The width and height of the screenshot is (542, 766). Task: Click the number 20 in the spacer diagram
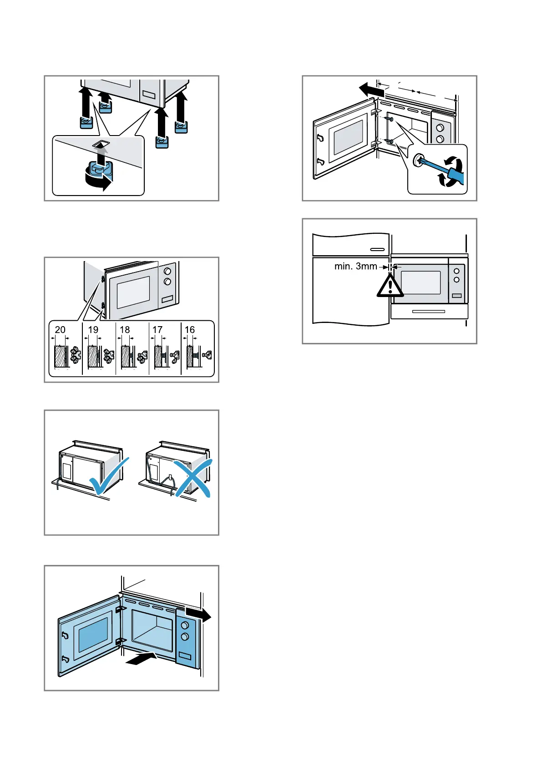[x=60, y=330]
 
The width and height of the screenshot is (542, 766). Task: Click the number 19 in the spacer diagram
[x=93, y=330]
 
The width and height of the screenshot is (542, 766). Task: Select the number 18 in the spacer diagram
[x=125, y=330]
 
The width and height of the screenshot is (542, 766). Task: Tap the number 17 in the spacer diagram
[x=157, y=330]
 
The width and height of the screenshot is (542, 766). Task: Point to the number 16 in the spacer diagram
[x=190, y=330]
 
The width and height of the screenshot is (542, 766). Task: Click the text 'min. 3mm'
[x=355, y=267]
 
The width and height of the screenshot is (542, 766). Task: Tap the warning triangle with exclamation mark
[x=390, y=286]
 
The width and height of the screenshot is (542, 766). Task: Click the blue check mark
[x=109, y=477]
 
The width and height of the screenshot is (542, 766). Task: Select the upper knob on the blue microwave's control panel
[x=185, y=625]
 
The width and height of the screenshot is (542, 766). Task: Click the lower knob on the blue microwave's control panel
[x=185, y=637]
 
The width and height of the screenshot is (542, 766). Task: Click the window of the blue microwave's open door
[x=94, y=634]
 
